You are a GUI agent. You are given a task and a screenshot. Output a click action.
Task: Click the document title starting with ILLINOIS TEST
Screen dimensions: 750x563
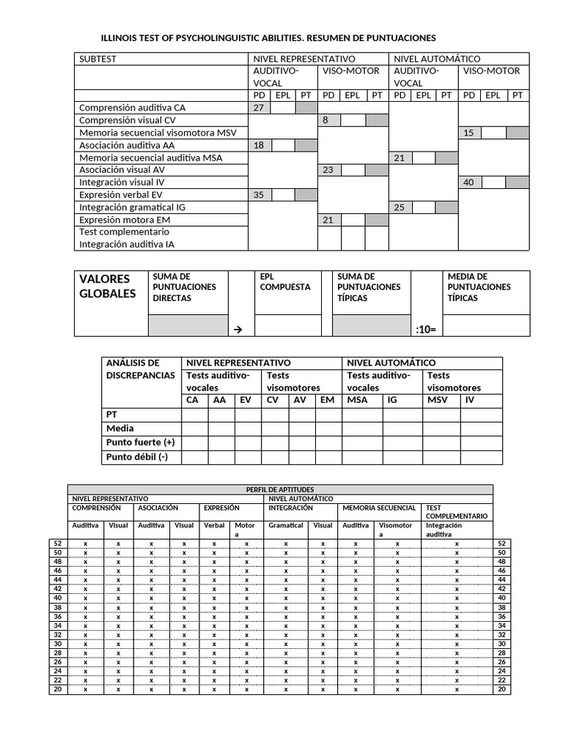pos(268,37)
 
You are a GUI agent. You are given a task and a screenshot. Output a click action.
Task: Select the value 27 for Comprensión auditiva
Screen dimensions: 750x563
pos(258,108)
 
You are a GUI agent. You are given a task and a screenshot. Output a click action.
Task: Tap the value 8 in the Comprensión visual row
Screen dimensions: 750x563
pos(325,120)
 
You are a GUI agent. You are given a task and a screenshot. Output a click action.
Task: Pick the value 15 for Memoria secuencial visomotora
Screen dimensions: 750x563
pos(469,133)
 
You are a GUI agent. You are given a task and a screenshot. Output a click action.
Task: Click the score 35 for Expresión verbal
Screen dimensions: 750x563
pos(258,195)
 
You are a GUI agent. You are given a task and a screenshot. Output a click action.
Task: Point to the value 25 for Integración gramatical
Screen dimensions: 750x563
pos(399,207)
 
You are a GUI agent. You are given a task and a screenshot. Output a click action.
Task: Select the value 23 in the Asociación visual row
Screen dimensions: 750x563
pos(328,170)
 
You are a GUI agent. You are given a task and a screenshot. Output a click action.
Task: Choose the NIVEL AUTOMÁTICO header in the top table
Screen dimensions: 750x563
pos(437,59)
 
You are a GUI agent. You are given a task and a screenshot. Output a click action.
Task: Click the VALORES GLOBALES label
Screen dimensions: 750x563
pos(107,286)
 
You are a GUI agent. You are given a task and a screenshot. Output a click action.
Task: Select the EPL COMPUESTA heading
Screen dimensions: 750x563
pos(285,282)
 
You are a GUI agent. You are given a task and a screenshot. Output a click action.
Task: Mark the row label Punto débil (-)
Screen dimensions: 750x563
pos(136,457)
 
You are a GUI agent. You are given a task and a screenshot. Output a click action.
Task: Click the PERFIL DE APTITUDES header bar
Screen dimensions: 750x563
pos(280,489)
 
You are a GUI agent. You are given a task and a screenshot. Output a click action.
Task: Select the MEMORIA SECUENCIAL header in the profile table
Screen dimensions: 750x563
pos(379,507)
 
